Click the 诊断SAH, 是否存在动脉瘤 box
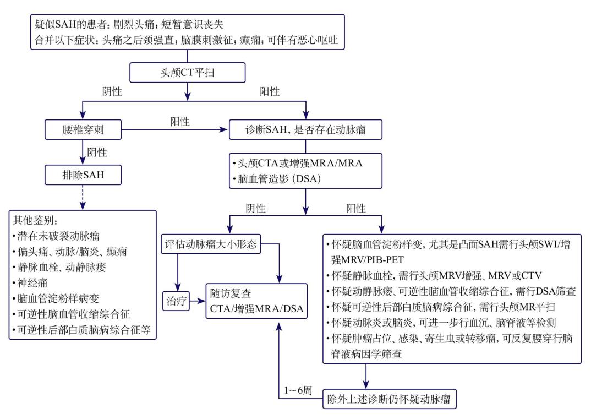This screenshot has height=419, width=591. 305,130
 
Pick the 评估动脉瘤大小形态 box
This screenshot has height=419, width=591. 211,244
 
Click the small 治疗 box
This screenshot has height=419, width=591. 177,302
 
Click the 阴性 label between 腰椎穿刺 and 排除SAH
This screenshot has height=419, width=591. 97,152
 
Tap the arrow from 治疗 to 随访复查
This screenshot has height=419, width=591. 196,302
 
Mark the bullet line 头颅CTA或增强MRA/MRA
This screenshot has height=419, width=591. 298,164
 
